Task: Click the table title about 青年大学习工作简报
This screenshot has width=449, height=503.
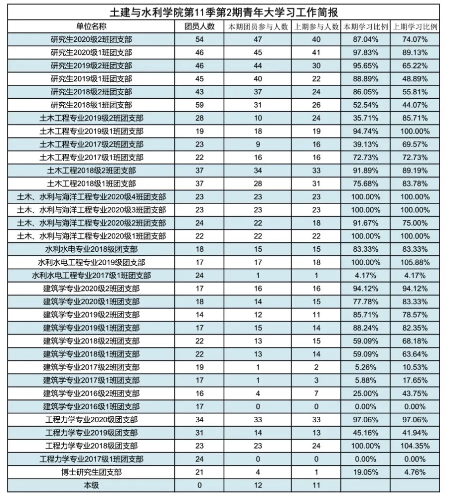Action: click(x=223, y=11)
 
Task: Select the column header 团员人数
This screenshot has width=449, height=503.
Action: click(x=199, y=26)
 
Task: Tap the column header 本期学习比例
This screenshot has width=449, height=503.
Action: click(x=365, y=26)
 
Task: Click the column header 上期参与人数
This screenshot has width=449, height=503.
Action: click(x=316, y=26)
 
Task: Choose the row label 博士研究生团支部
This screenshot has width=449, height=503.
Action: click(x=92, y=472)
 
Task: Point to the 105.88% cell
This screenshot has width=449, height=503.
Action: click(x=415, y=262)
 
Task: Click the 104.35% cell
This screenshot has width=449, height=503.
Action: click(x=415, y=446)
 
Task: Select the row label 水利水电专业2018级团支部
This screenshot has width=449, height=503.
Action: click(x=92, y=249)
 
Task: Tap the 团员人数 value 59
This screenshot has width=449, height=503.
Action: click(x=199, y=105)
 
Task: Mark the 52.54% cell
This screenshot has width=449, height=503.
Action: click(x=365, y=105)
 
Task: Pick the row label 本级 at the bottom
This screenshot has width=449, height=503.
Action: click(x=92, y=485)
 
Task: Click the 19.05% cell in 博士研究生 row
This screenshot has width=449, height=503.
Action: click(x=365, y=472)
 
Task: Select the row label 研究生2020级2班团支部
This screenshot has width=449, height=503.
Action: click(x=92, y=39)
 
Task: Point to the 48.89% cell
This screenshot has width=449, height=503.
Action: click(x=415, y=79)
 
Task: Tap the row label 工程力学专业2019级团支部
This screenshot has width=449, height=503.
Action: click(x=92, y=433)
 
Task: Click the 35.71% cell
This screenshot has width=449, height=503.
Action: click(x=365, y=118)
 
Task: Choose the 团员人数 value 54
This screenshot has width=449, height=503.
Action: click(x=199, y=39)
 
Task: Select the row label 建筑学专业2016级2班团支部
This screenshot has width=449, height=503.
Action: click(x=92, y=393)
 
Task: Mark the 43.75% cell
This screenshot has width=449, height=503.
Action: click(x=415, y=393)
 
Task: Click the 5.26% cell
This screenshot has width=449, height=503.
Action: click(x=365, y=367)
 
